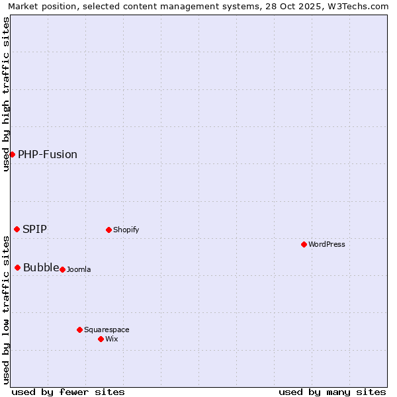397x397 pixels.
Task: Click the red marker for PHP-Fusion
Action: pyautogui.click(x=12, y=154)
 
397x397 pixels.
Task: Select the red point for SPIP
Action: pyautogui.click(x=17, y=229)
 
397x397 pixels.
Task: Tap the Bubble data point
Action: pyautogui.click(x=18, y=267)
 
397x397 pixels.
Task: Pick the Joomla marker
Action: pyautogui.click(x=63, y=269)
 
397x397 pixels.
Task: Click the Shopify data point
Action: pyautogui.click(x=109, y=230)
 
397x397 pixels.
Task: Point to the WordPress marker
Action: pyautogui.click(x=304, y=244)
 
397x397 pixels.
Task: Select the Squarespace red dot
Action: pyautogui.click(x=80, y=330)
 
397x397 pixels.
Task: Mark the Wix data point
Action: pyautogui.click(x=101, y=339)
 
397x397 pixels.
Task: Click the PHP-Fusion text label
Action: pyautogui.click(x=48, y=154)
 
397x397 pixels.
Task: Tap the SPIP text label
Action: pyautogui.click(x=34, y=229)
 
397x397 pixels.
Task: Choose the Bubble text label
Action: pyautogui.click(x=41, y=267)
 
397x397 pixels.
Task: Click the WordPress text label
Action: pyautogui.click(x=327, y=244)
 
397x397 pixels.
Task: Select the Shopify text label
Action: pyautogui.click(x=126, y=230)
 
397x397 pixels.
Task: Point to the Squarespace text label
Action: pyautogui.click(x=107, y=330)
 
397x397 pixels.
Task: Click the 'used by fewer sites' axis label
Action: pyautogui.click(x=68, y=392)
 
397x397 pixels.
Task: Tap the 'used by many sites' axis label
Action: pyautogui.click(x=332, y=392)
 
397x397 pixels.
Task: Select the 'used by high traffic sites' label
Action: pyautogui.click(x=6, y=93)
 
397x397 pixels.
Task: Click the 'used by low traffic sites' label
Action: pyautogui.click(x=6, y=310)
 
